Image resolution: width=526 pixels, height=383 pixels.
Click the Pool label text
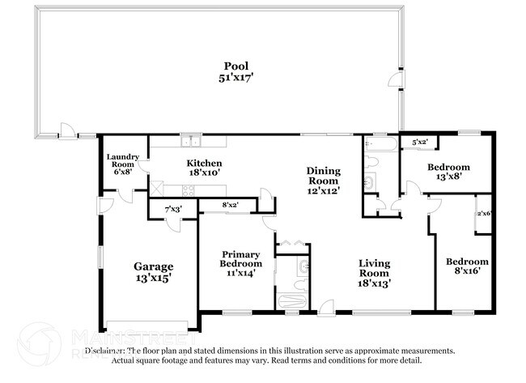pyautogui.click(x=236, y=66)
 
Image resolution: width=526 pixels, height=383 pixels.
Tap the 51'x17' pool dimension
pyautogui.click(x=236, y=78)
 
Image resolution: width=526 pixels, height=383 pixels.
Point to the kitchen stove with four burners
pyautogui.click(x=188, y=191)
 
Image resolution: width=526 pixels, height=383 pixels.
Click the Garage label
pyautogui.click(x=153, y=266)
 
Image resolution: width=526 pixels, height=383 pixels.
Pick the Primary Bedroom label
pyautogui.click(x=241, y=258)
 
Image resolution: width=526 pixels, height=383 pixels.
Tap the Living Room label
pyautogui.click(x=375, y=263)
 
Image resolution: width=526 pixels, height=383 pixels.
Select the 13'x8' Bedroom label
pyautogui.click(x=437, y=168)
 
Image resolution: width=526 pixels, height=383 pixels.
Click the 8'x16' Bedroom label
pyautogui.click(x=467, y=262)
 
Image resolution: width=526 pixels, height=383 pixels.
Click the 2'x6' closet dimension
pyautogui.click(x=484, y=214)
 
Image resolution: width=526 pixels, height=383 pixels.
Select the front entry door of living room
pyautogui.click(x=326, y=307)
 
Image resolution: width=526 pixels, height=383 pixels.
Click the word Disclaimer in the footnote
pyautogui.click(x=105, y=351)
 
